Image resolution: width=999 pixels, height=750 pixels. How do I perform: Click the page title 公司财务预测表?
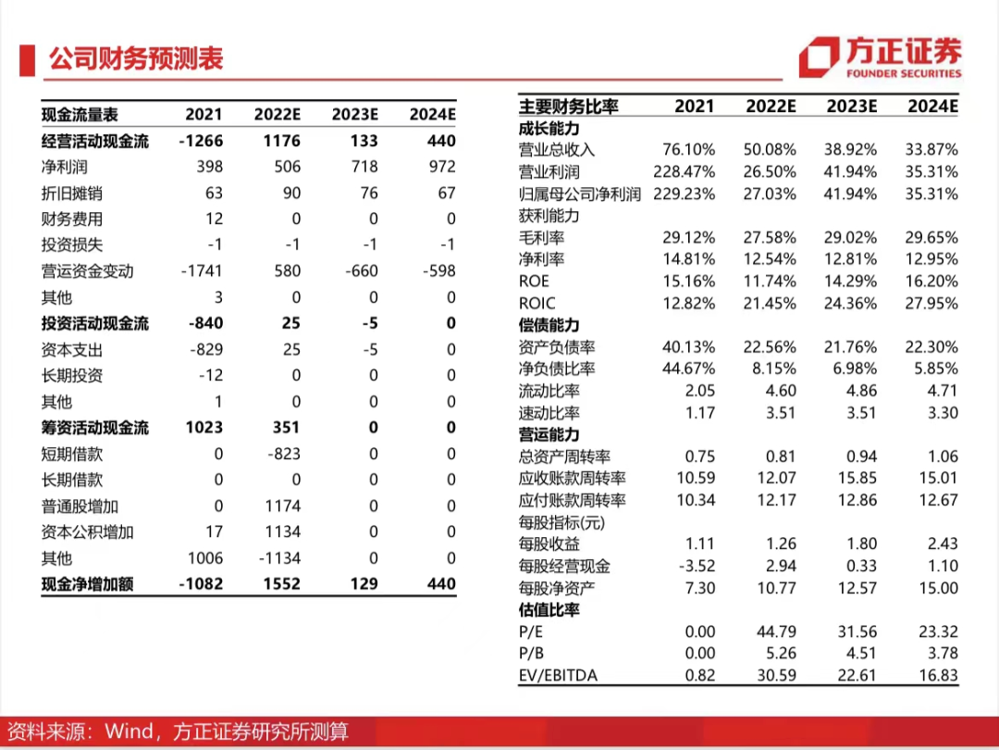click(136, 58)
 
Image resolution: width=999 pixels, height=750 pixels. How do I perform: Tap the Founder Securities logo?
click(880, 57)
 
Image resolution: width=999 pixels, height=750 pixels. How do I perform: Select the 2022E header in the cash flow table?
click(277, 115)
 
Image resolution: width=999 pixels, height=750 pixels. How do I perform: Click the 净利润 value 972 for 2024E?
click(441, 167)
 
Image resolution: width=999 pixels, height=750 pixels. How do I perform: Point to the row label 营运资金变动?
click(87, 271)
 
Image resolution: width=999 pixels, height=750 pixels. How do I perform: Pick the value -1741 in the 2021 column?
click(202, 271)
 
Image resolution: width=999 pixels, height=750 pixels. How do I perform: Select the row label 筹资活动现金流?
click(95, 428)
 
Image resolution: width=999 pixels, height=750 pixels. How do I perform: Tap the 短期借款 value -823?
click(283, 454)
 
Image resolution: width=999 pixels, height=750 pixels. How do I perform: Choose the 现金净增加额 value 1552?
click(281, 584)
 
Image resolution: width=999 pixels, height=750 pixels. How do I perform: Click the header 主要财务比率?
click(568, 106)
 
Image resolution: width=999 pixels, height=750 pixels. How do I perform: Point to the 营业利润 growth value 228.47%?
click(684, 172)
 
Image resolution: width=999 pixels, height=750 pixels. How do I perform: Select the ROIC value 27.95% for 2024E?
click(931, 304)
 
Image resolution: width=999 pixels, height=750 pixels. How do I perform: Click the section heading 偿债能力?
click(549, 325)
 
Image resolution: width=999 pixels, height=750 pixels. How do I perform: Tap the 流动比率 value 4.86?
click(861, 391)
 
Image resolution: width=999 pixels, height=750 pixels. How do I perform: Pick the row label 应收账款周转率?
click(573, 479)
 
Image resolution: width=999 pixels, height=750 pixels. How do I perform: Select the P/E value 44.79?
click(776, 632)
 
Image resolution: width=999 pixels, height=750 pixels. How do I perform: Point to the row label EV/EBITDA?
click(558, 675)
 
